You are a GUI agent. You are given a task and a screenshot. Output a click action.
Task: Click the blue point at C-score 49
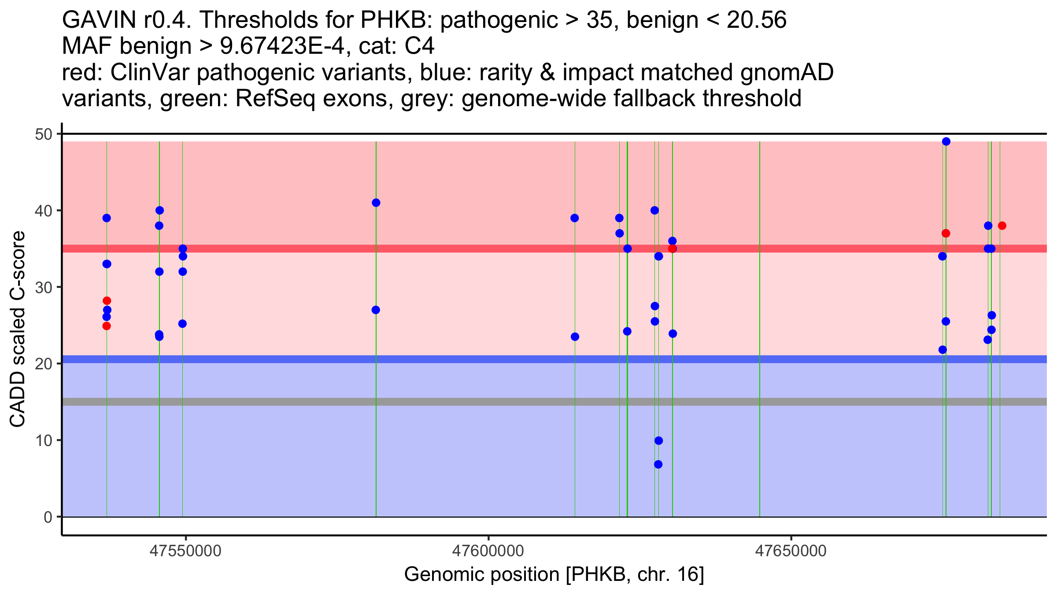(x=946, y=141)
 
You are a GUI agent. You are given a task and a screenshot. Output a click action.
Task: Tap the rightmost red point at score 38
(x=1002, y=226)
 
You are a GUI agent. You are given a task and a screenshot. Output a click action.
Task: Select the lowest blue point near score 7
(x=658, y=464)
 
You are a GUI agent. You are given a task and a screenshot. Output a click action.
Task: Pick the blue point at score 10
(x=658, y=441)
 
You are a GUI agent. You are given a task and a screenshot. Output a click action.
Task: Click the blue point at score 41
(x=376, y=203)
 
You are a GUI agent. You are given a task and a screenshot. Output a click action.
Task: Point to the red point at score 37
(x=946, y=233)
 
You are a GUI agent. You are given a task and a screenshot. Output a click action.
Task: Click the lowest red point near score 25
(x=106, y=326)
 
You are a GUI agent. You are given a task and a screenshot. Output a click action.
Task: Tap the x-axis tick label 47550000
(x=185, y=551)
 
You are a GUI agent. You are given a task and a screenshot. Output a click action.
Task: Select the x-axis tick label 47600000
(x=488, y=551)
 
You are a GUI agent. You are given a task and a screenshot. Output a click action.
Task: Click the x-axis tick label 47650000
(x=791, y=551)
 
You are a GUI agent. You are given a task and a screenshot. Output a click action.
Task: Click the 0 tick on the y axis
(x=48, y=517)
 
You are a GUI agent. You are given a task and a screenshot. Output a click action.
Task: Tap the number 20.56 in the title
(x=756, y=20)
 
